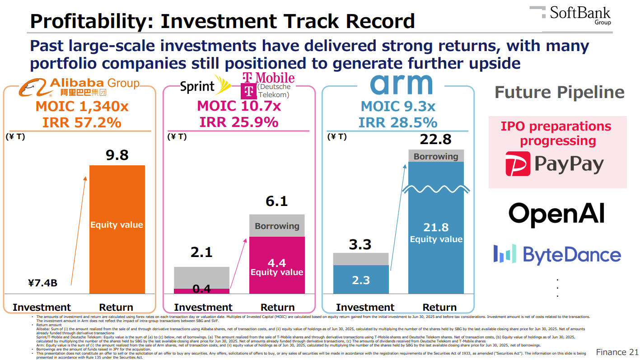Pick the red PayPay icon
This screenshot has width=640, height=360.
[518, 164]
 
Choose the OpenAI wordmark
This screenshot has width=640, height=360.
[556, 213]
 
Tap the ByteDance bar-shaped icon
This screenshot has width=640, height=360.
[505, 254]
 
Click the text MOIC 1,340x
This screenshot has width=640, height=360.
[82, 107]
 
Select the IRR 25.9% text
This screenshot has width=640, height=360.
[239, 122]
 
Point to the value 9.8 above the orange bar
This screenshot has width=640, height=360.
[117, 155]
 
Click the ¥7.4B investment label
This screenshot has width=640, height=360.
[42, 283]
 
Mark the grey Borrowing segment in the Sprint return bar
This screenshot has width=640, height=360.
[277, 226]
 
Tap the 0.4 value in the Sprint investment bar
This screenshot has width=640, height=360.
[201, 289]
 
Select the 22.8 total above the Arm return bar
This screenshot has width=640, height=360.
[435, 140]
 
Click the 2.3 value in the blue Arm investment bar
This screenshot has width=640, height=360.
[361, 280]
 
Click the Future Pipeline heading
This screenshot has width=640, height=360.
[559, 93]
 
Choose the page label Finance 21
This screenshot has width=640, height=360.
[617, 352]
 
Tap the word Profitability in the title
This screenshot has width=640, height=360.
[90, 21]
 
